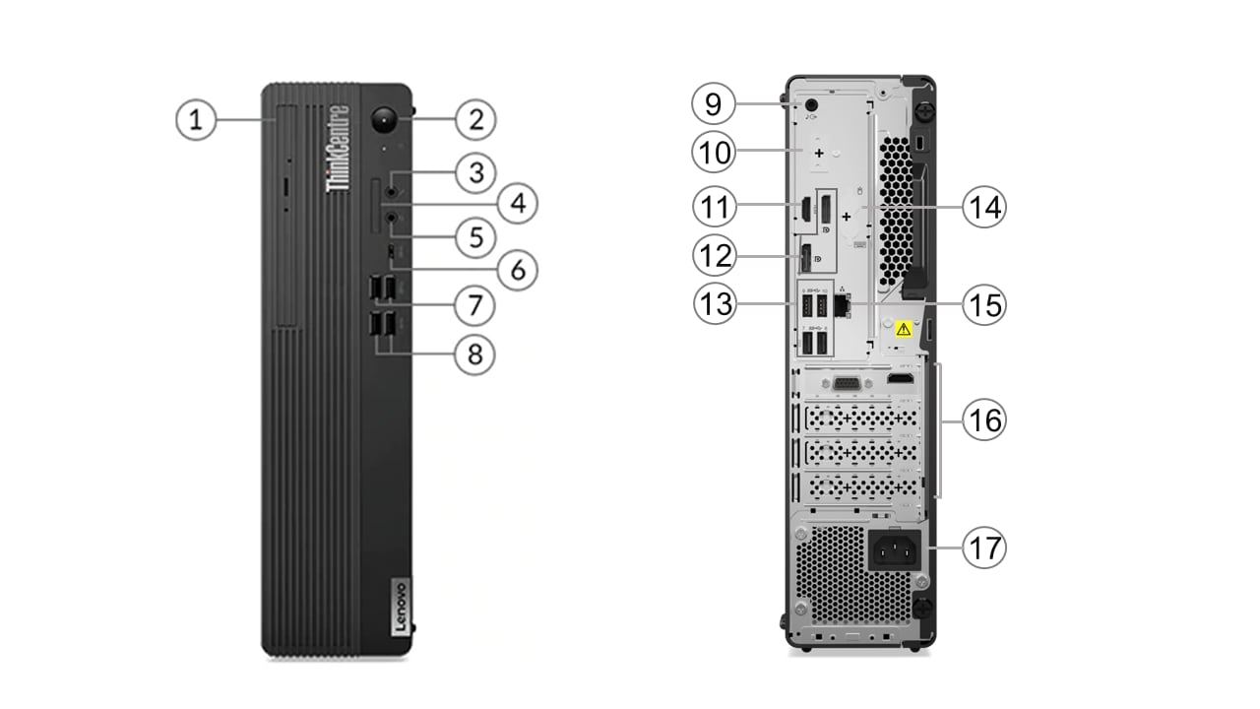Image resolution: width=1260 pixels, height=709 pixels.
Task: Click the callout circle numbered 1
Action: coord(196,120)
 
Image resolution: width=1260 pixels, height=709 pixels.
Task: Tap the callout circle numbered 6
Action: coord(518,269)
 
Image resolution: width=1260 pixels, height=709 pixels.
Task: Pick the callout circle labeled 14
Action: coord(982,208)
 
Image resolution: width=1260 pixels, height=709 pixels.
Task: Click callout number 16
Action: coord(982,420)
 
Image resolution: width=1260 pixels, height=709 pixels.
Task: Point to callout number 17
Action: coord(984,548)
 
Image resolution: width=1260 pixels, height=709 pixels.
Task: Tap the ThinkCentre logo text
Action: coord(338,148)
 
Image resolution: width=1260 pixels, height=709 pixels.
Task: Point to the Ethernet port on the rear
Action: coord(842,304)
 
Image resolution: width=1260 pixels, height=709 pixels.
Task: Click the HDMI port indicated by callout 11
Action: coord(803,209)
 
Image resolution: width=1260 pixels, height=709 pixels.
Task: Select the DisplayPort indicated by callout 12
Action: coord(804,259)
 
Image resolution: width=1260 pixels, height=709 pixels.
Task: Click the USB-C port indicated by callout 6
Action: coord(393,253)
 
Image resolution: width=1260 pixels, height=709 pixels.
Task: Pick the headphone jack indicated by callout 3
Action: coord(393,188)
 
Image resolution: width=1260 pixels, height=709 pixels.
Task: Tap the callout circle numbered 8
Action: coord(475,354)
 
